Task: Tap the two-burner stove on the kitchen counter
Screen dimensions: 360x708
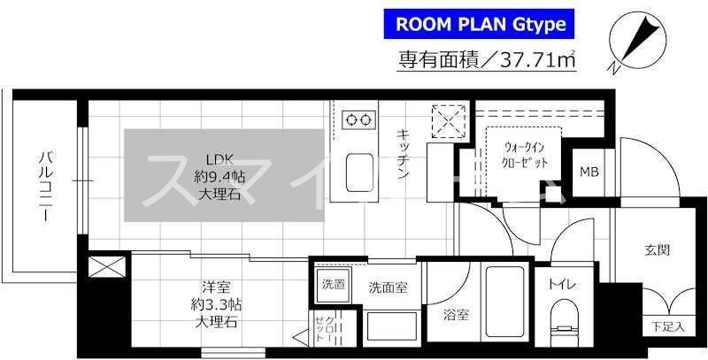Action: tap(359, 118)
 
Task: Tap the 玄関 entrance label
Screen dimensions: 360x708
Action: tap(657, 249)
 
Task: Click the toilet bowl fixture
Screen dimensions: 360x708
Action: tap(563, 319)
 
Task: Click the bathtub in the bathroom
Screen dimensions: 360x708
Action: tap(503, 310)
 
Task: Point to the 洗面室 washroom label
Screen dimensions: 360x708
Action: tap(389, 287)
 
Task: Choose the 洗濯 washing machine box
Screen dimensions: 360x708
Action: tap(333, 285)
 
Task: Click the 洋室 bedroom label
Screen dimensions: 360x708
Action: tap(218, 303)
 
